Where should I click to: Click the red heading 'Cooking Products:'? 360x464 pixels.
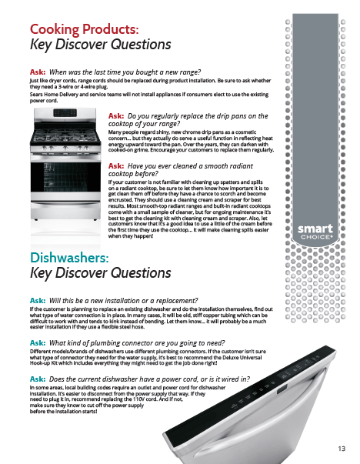pos(85,29)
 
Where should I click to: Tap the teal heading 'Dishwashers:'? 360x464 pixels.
pos(69,258)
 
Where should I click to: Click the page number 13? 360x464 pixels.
pos(342,449)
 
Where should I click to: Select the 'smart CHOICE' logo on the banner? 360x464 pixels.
pos(315,232)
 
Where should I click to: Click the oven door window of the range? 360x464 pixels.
pos(65,177)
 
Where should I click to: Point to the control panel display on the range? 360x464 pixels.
pos(65,113)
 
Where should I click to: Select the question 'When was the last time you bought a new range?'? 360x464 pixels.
pos(125,72)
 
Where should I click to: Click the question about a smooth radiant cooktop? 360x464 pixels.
pos(181,169)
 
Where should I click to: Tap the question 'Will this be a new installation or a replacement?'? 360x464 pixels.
pos(123,301)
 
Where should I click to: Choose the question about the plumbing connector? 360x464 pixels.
pos(137,343)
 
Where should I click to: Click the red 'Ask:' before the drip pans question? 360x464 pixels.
pos(116,116)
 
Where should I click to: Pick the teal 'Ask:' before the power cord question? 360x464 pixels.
pos(38,379)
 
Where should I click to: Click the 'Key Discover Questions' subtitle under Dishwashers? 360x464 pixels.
pos(101,273)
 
